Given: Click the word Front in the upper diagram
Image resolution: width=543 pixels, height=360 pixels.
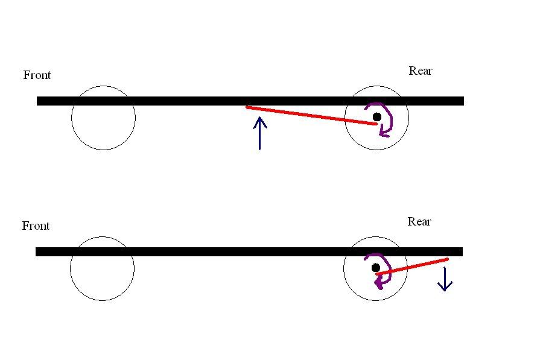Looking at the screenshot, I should [37, 75].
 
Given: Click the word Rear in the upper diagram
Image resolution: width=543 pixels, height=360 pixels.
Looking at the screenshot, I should [421, 71].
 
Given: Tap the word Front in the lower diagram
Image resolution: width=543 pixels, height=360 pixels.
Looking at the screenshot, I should [36, 226].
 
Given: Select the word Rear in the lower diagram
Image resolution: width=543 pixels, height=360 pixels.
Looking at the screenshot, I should [419, 221].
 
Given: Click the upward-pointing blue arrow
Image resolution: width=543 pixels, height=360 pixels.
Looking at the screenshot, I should [259, 133].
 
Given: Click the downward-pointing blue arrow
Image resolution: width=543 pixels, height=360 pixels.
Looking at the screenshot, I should [445, 279].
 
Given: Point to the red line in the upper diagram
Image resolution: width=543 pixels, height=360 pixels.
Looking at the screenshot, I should [311, 115].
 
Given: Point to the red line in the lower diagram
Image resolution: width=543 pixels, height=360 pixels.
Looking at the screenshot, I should [412, 267].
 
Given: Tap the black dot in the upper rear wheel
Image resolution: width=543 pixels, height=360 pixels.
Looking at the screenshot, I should [377, 116].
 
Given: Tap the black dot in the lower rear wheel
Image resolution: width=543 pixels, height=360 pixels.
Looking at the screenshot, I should [376, 267].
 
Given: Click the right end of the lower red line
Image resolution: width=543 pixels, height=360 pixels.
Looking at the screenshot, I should [447, 259].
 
